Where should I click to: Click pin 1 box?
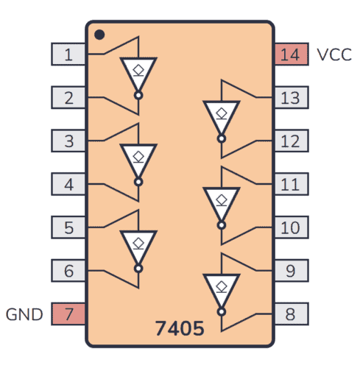click(x=68, y=54)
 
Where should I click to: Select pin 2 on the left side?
click(x=68, y=97)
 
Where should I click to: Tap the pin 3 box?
click(x=68, y=141)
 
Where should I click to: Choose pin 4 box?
click(x=68, y=184)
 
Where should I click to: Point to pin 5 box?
click(x=68, y=227)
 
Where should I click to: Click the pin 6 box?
click(x=68, y=271)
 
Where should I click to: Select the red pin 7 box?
click(x=68, y=314)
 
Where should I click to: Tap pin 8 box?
click(x=291, y=314)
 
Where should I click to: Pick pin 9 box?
click(x=291, y=271)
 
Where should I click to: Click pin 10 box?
click(x=291, y=227)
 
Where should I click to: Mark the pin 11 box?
click(x=291, y=184)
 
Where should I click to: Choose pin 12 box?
click(x=291, y=141)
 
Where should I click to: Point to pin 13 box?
click(x=291, y=97)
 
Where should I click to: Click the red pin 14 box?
click(x=291, y=54)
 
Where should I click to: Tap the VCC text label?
click(x=334, y=54)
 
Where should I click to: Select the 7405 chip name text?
click(x=180, y=328)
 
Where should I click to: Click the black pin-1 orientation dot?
click(x=99, y=34)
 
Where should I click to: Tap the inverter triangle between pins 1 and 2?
click(x=138, y=72)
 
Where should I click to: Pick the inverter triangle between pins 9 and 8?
click(x=221, y=288)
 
